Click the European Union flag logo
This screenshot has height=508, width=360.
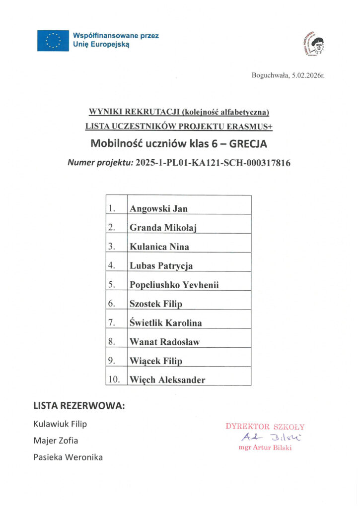pos(53,40)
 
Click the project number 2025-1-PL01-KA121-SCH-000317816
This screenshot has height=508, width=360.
pos(213,162)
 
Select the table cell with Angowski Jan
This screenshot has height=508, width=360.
pos(189,209)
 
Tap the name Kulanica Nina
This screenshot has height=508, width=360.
pos(159,247)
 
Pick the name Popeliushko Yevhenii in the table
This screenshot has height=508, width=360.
pos(174,285)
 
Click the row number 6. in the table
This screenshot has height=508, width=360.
pos(112,304)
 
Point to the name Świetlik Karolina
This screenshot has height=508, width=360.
pos(165,323)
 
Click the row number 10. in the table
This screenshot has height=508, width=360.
pos(115,380)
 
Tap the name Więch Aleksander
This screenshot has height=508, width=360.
pos(167,380)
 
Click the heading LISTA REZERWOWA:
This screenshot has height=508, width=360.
pos(79,406)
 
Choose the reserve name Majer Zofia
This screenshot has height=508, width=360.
pos(56,441)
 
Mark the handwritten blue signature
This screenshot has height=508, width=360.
pos(265,437)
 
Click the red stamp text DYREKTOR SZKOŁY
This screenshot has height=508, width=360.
pos(265,426)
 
